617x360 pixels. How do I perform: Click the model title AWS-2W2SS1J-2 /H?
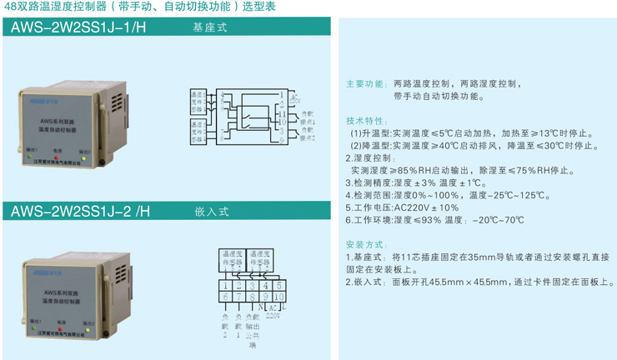(81, 211)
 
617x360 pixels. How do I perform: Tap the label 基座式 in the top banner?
(209, 27)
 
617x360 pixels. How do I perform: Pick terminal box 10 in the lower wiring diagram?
(279, 297)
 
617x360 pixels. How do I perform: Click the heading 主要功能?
(365, 84)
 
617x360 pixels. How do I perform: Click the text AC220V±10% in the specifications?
(426, 207)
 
